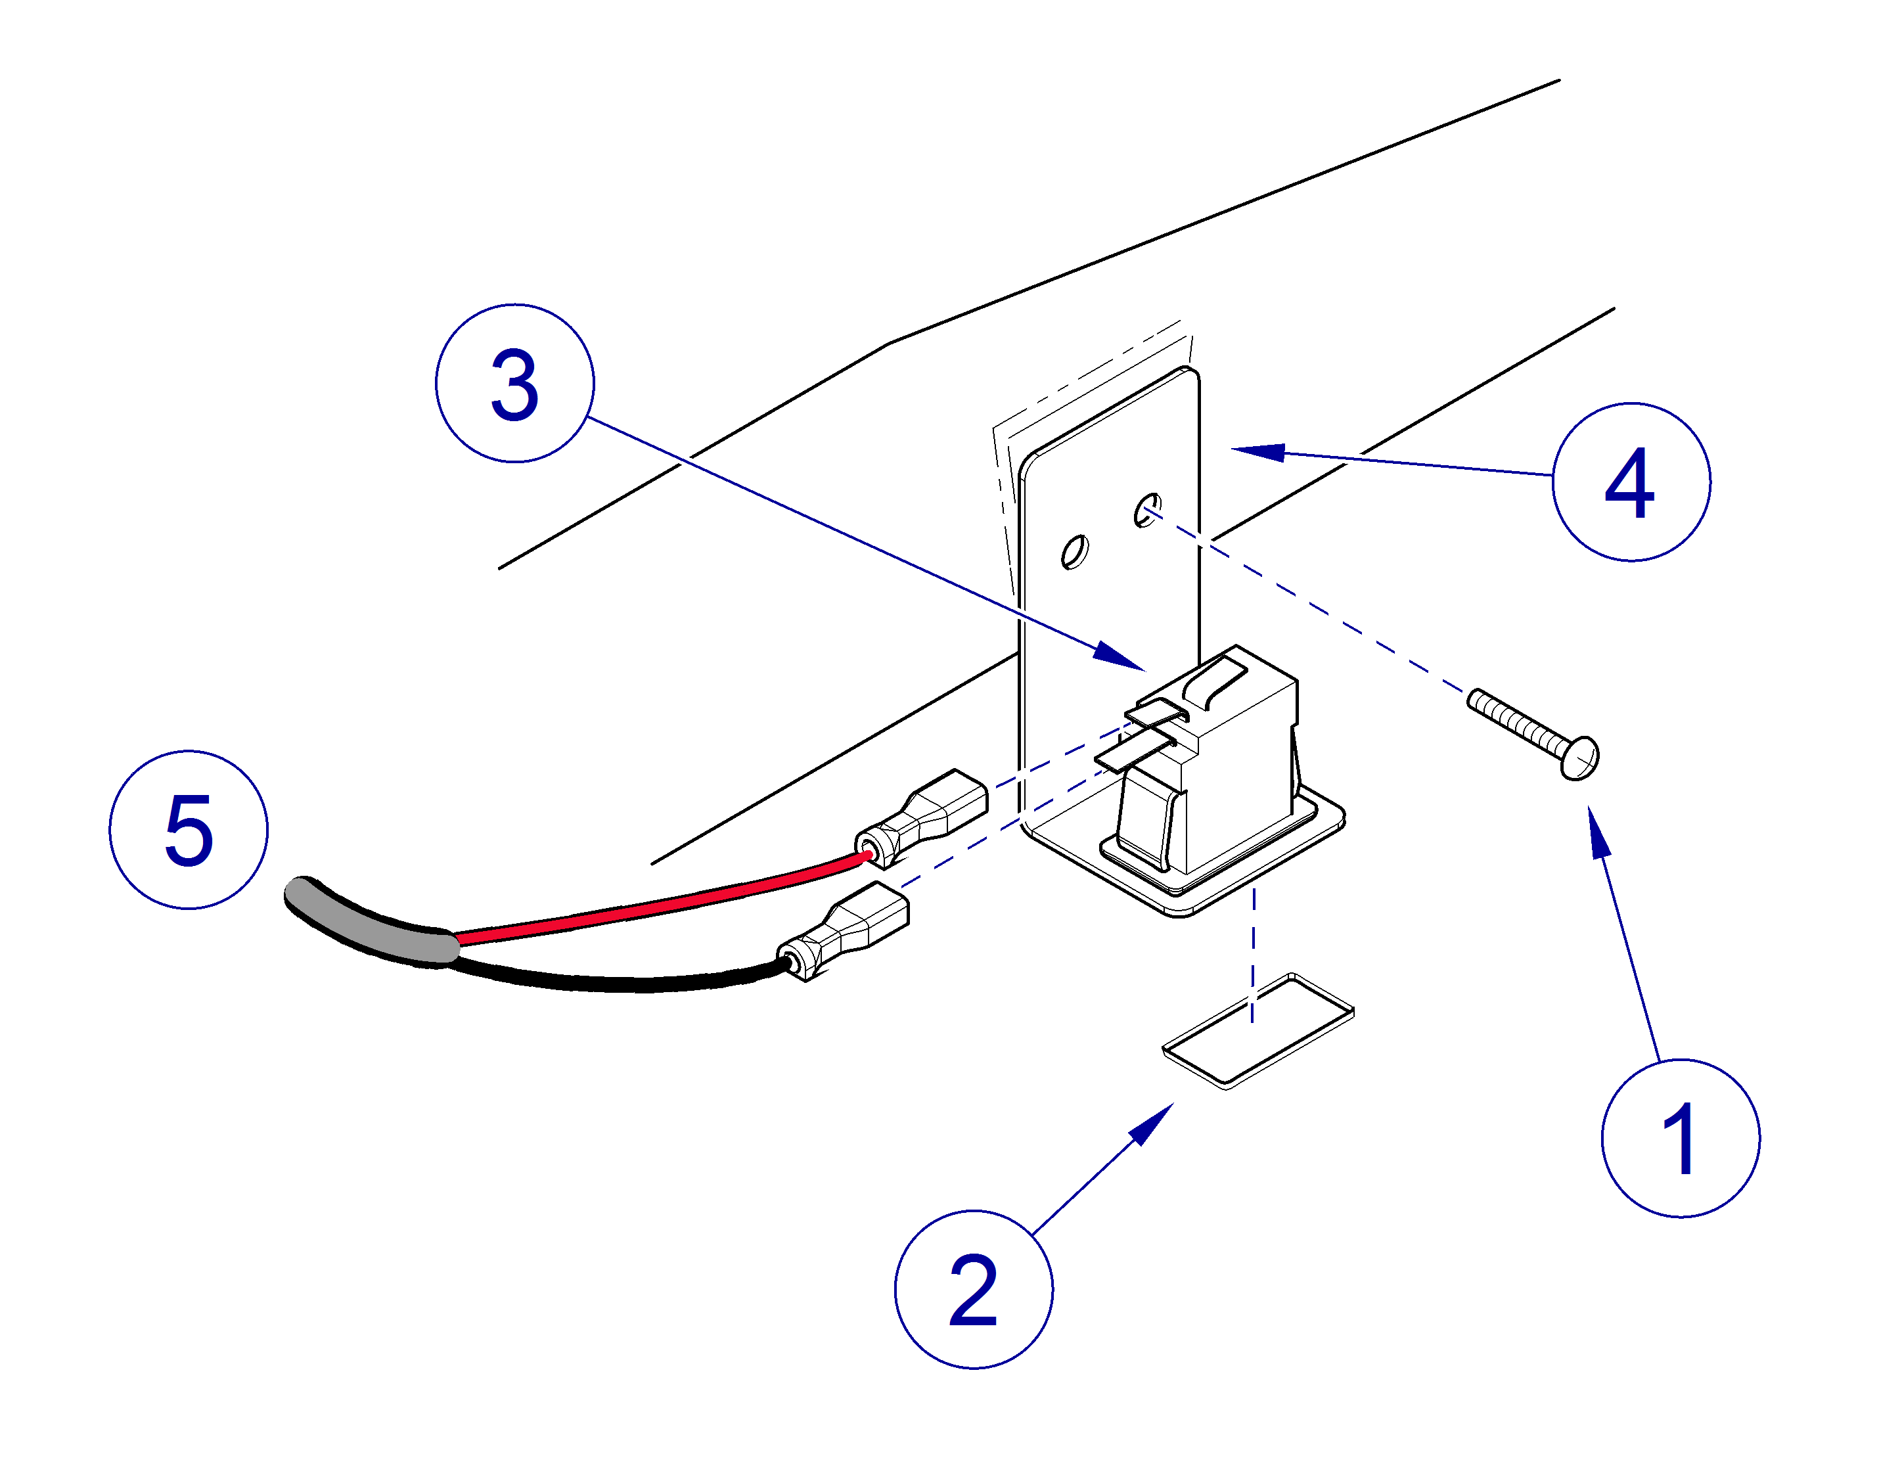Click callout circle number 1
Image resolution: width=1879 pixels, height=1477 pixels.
coord(1679,1137)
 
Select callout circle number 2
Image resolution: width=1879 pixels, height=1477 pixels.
coord(973,1288)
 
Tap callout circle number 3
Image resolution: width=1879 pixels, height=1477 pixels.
coord(514,383)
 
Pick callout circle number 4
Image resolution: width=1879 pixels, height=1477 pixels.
coord(1630,482)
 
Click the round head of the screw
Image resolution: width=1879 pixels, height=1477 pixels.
coord(1581,758)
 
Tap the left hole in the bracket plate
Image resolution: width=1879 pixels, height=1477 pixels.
coord(1075,552)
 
